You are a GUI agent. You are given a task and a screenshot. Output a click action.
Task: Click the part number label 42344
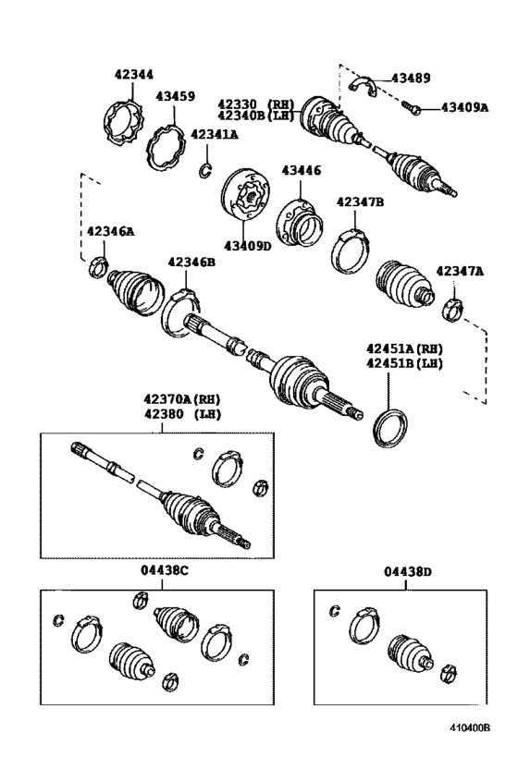tap(134, 74)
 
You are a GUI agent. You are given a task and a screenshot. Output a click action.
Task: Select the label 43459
tap(175, 95)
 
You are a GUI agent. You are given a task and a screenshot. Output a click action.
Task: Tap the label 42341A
tap(214, 134)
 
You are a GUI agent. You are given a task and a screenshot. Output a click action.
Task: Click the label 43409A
tap(463, 107)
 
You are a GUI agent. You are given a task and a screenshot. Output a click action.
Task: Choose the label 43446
tap(302, 170)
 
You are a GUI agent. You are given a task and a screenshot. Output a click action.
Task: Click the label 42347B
tap(360, 201)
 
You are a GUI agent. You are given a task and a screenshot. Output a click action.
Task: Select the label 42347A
tap(460, 271)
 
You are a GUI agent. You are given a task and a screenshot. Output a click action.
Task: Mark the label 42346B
tap(191, 263)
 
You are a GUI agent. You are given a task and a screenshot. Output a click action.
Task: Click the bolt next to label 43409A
tap(413, 110)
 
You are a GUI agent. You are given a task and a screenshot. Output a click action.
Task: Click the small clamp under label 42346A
tap(95, 270)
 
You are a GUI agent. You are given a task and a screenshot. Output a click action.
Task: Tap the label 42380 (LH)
tap(182, 413)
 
